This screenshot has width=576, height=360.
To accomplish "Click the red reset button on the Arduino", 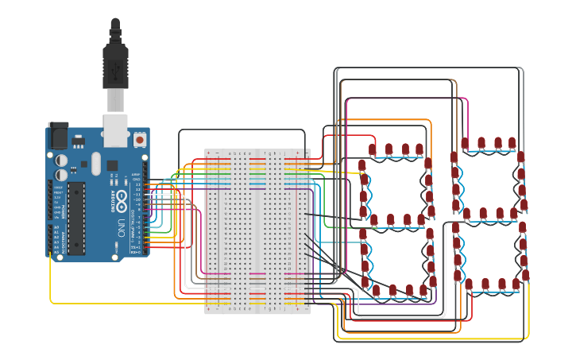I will (x=140, y=140).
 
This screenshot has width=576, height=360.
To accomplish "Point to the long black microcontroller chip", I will (x=76, y=218).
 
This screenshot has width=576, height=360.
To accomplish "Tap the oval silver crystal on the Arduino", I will (x=96, y=164).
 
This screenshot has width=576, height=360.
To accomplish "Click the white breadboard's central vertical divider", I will (x=258, y=230).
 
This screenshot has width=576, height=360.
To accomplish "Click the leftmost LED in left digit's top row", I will (x=372, y=149).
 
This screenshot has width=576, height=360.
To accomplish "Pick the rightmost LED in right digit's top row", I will (x=512, y=143).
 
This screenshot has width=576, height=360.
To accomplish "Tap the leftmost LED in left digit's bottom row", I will (x=376, y=290).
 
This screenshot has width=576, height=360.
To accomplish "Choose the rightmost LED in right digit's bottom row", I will (x=516, y=284).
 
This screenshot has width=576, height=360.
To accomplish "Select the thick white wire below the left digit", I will (x=397, y=315).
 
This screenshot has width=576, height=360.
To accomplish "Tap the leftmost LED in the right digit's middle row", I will (x=468, y=213).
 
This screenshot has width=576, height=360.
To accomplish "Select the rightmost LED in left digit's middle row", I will (x=422, y=219).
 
